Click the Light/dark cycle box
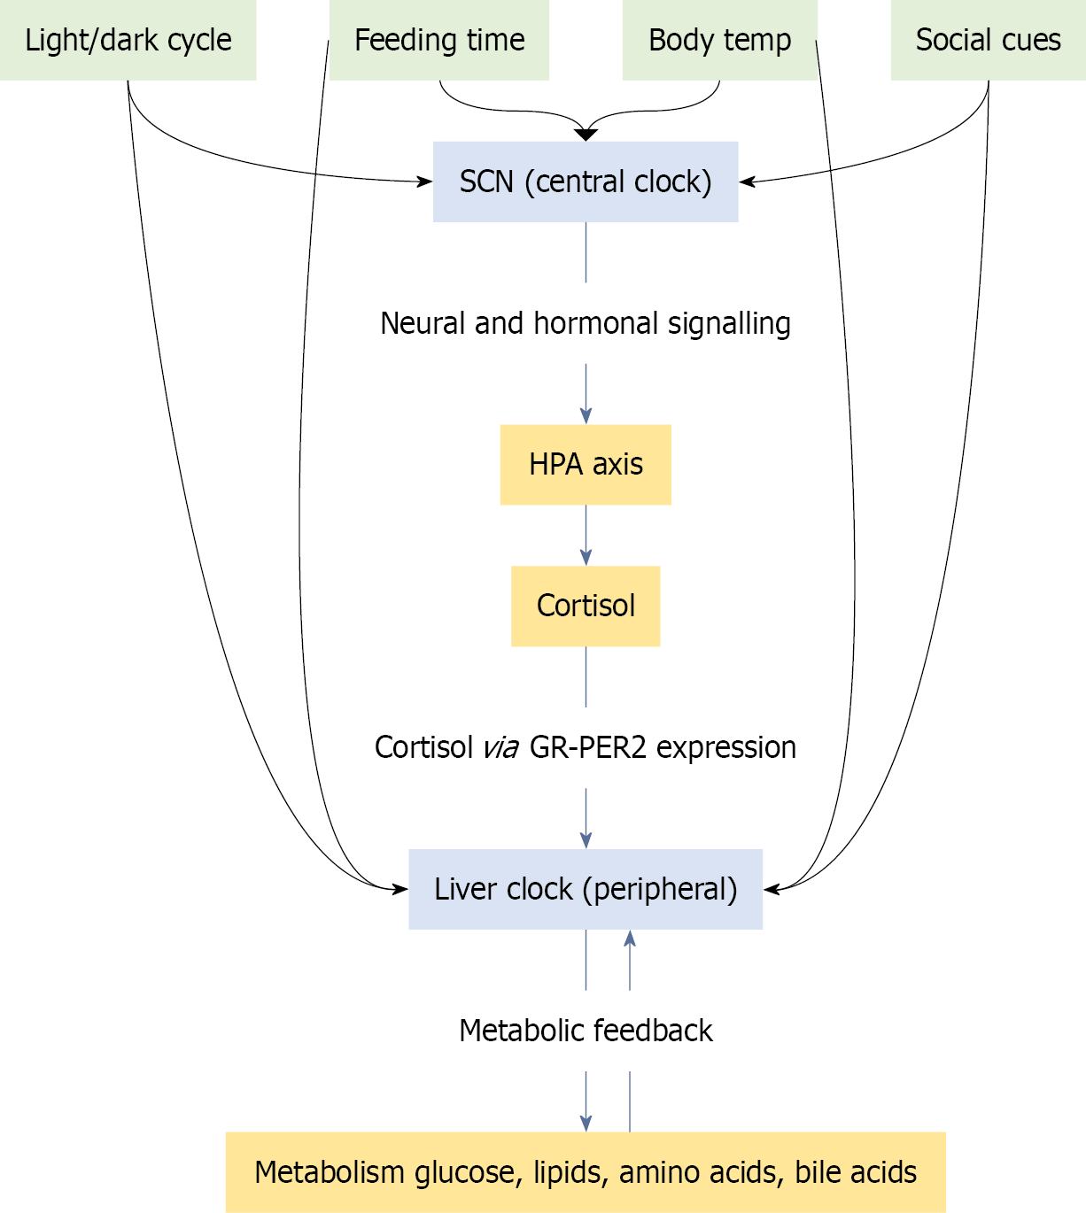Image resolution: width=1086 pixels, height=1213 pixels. pos(128,40)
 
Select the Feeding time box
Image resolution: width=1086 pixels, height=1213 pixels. pos(439,40)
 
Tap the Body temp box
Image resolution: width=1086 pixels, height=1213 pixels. pos(719,40)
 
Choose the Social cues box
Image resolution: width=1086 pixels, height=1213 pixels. pos(988,40)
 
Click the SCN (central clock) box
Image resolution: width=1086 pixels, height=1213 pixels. pos(586,182)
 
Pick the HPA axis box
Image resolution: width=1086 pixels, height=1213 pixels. pos(586,465)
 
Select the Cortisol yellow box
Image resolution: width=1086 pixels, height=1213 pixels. pos(586,606)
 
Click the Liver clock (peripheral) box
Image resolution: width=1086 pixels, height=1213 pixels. pos(586,889)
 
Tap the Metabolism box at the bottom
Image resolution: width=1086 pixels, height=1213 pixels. pos(586,1172)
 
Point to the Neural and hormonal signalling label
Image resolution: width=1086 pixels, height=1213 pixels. pos(586,323)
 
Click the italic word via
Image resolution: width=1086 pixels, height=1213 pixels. pos(500,748)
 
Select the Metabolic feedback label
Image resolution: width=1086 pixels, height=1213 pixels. pos(586,1031)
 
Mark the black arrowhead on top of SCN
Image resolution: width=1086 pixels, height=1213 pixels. pos(586,135)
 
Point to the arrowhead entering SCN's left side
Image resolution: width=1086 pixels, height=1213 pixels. pos(425,182)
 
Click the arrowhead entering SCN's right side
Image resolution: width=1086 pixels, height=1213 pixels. pos(747,182)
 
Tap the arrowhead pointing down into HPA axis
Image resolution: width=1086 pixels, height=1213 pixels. pos(586,416)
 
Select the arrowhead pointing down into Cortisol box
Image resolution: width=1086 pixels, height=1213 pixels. pos(586,558)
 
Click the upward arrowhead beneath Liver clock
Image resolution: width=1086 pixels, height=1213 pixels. pos(630,939)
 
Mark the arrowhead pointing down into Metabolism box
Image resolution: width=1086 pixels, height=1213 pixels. pos(586,1124)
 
